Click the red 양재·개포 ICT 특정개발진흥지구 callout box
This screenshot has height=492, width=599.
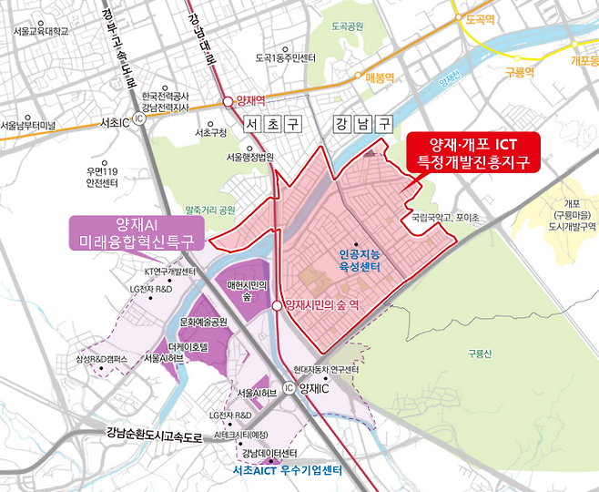coord(473,153)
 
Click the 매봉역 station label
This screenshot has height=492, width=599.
coord(376,78)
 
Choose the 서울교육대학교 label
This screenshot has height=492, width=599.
coord(42,31)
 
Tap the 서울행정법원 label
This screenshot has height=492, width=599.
coord(250,157)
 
